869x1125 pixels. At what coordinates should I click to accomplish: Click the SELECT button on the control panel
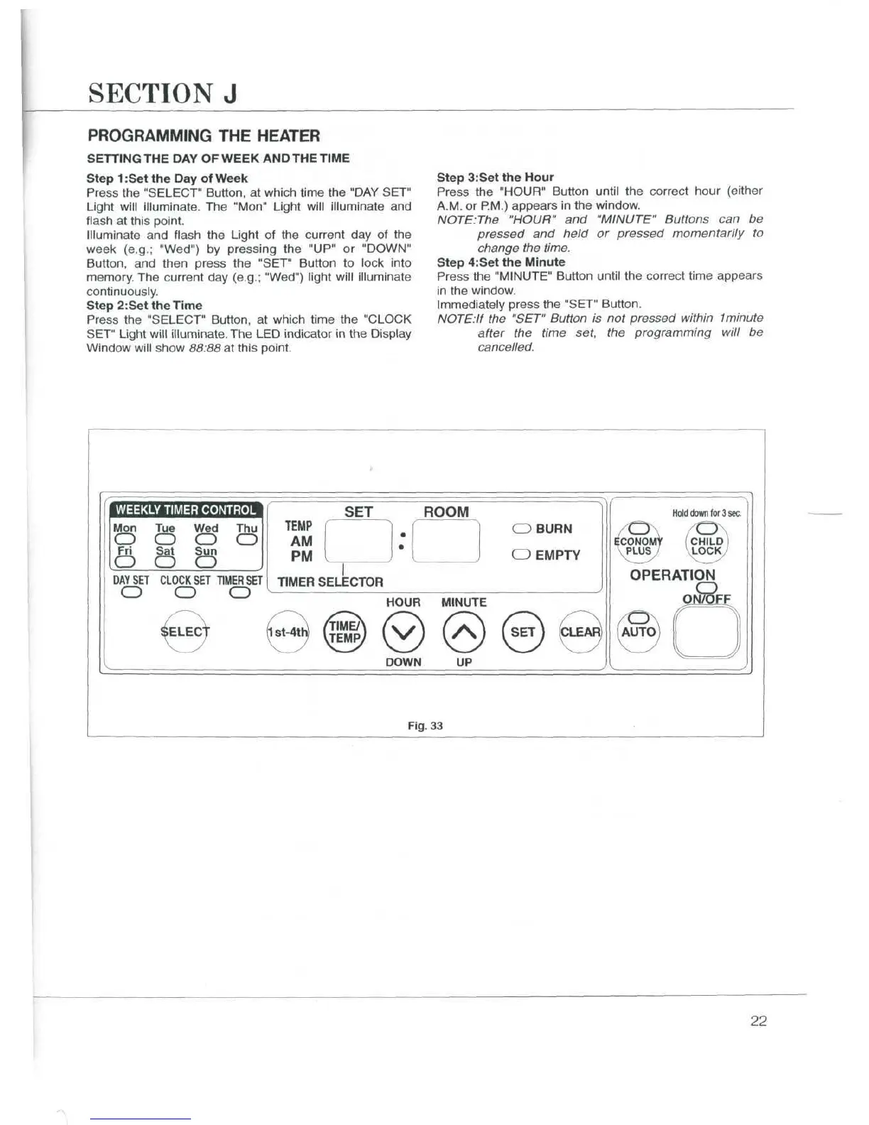coord(185,631)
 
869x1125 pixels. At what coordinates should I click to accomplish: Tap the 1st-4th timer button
coord(288,631)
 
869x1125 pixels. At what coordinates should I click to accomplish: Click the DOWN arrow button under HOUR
coord(403,631)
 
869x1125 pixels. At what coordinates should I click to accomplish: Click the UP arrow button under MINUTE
coord(464,631)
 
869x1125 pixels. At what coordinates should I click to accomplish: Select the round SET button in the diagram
coord(523,631)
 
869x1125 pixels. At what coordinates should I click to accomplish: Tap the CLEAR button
coord(581,631)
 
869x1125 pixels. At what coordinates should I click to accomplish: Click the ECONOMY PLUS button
coord(639,544)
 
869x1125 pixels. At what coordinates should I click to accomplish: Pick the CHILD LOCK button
coord(706,544)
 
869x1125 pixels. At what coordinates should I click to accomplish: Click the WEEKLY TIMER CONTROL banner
coord(185,509)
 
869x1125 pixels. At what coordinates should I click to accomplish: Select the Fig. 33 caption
coord(425,725)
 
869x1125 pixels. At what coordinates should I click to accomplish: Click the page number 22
coord(758,1021)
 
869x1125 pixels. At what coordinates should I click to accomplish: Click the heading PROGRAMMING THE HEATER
coord(203,136)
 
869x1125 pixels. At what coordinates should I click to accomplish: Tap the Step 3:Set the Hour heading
coord(495,177)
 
